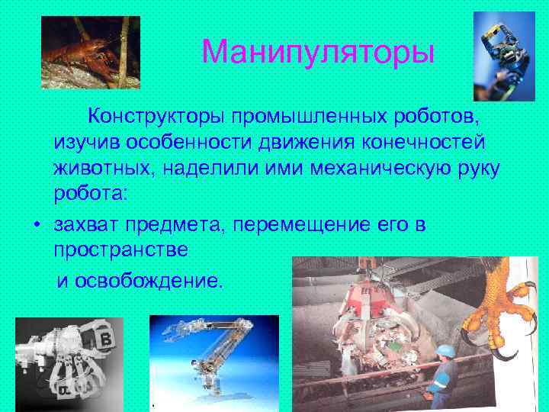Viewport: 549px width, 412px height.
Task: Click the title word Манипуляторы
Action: point(319,52)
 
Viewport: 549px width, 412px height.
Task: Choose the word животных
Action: point(101,168)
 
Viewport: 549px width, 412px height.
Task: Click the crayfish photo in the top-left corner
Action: point(90,53)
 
